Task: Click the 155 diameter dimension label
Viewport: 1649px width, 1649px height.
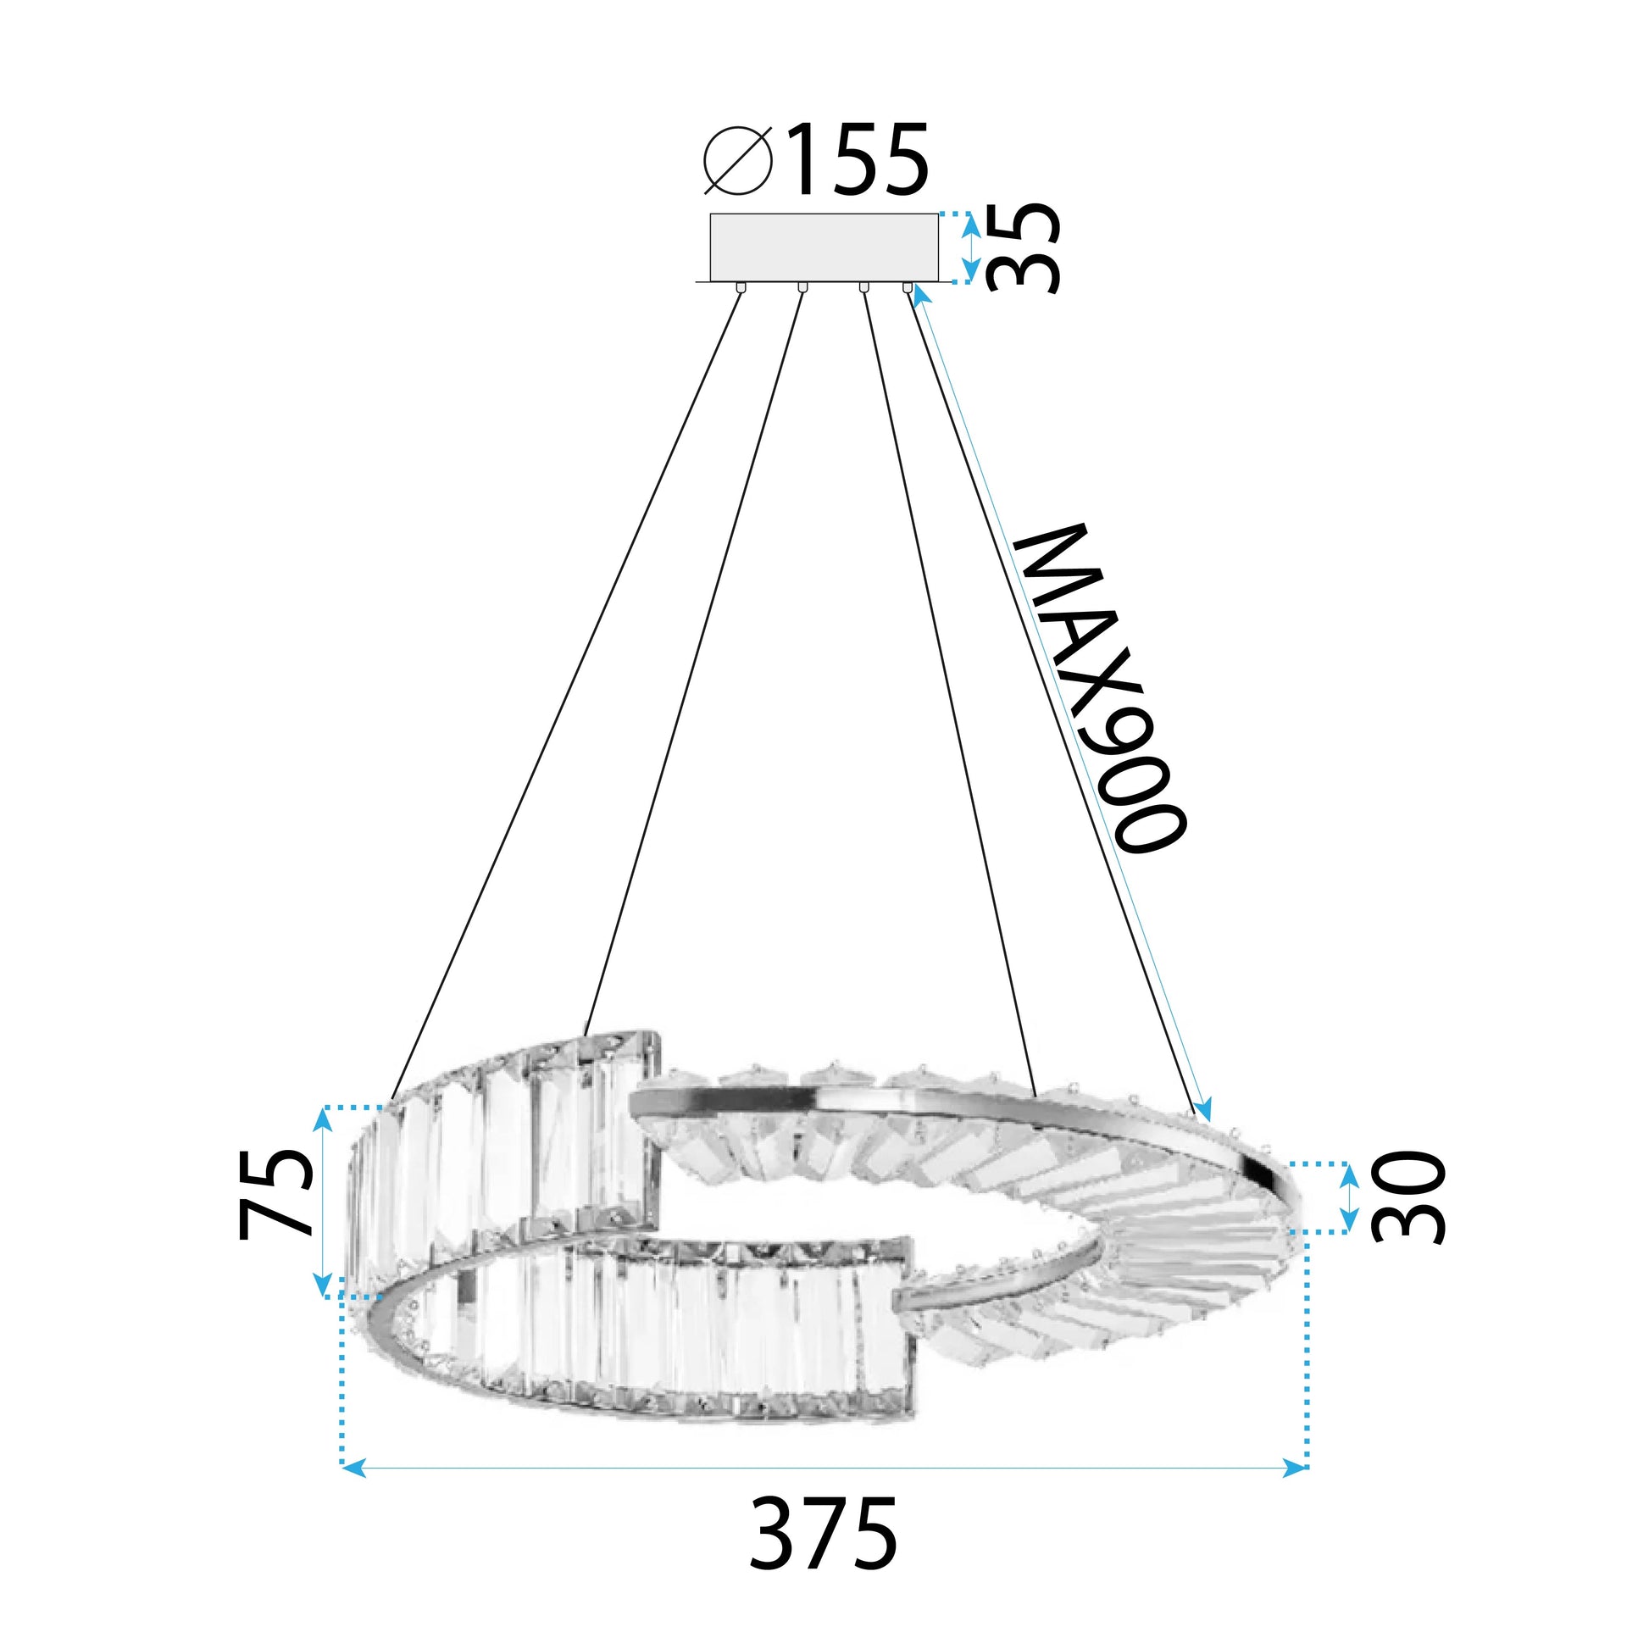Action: (857, 161)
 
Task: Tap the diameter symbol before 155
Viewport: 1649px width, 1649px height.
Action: (739, 161)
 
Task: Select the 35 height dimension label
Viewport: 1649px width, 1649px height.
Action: (1024, 247)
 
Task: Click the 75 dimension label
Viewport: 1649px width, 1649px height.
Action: (275, 1193)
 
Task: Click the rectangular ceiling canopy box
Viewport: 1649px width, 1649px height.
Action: (824, 247)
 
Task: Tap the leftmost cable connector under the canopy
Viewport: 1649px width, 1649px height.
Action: (740, 287)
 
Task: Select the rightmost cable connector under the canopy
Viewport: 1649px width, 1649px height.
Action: (908, 287)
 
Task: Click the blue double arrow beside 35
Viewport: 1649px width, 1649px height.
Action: (970, 247)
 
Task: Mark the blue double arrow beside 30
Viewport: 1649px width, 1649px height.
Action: (1348, 1197)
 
